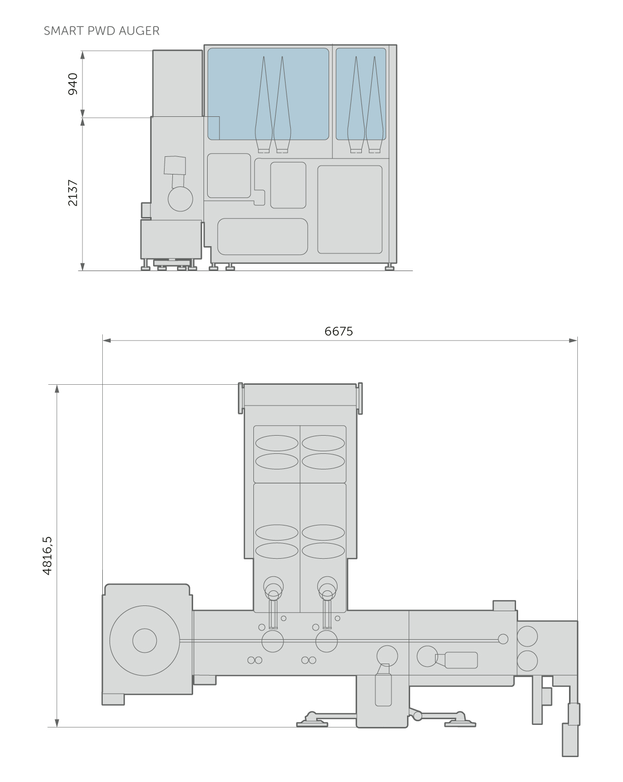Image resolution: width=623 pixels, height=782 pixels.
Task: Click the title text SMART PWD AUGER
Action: point(101,31)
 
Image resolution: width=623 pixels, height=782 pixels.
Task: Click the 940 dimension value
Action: point(73,84)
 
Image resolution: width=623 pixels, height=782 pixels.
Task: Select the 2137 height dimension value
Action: point(73,193)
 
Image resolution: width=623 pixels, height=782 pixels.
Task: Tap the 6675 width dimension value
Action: point(338,331)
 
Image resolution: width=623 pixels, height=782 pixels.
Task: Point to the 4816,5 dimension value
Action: point(47,556)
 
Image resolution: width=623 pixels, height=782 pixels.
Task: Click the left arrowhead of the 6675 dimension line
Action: point(107,341)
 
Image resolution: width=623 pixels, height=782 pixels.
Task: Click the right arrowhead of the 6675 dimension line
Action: point(573,341)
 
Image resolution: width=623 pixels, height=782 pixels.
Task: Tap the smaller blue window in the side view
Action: point(361,94)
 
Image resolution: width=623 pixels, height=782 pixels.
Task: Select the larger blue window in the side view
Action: point(268,94)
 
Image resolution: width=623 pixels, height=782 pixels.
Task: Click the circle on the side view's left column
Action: point(180,199)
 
